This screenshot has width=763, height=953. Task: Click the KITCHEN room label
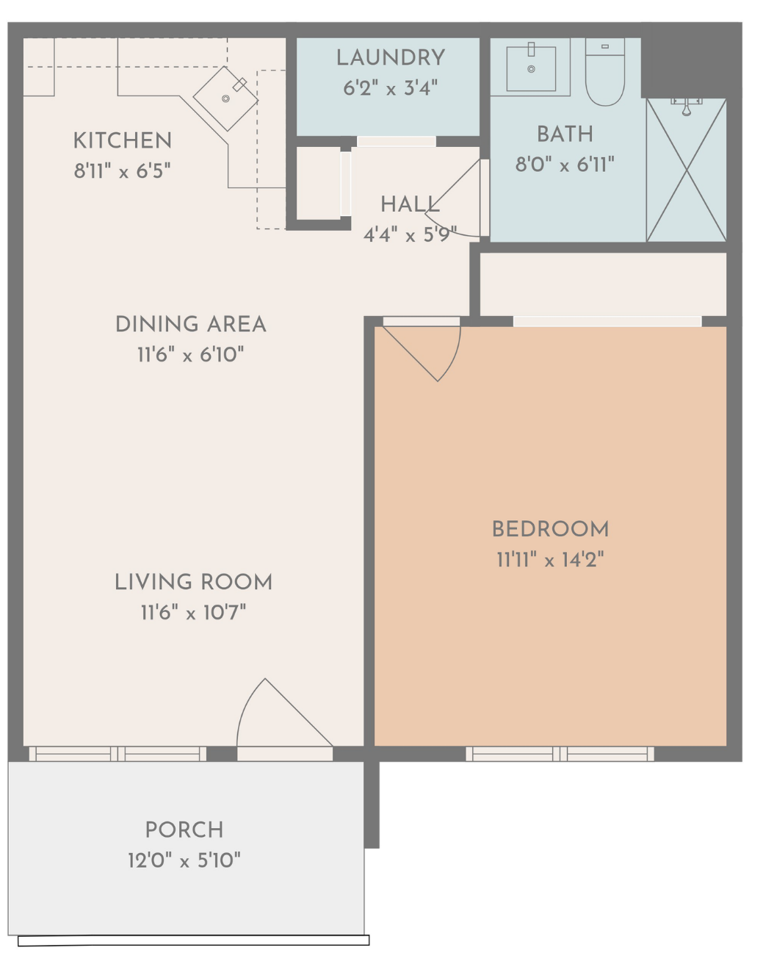(x=122, y=140)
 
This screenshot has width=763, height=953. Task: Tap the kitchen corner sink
(x=225, y=98)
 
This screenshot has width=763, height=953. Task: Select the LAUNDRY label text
(x=391, y=57)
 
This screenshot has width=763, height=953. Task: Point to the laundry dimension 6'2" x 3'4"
(x=391, y=88)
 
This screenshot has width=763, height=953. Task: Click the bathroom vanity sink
(x=531, y=68)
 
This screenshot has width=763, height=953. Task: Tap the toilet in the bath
(x=604, y=74)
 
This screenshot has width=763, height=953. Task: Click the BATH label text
(x=565, y=134)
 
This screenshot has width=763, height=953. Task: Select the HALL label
(x=410, y=204)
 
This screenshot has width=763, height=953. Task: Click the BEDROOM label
(x=550, y=529)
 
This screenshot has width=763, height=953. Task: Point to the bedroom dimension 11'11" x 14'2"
(x=550, y=560)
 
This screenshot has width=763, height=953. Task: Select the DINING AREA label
(x=190, y=324)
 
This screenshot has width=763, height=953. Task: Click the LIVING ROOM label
(x=193, y=582)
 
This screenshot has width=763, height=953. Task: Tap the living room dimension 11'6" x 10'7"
(x=193, y=612)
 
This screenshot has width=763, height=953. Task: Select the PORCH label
(x=184, y=830)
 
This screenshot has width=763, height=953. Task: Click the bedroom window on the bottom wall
(x=560, y=754)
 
